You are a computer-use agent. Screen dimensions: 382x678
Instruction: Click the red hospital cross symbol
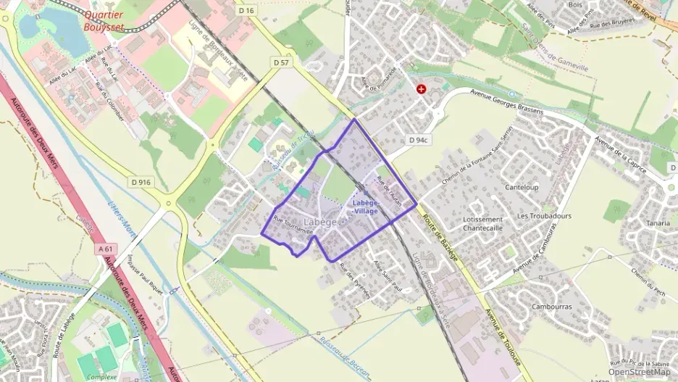(422, 88)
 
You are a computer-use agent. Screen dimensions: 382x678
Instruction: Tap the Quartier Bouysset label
(104, 20)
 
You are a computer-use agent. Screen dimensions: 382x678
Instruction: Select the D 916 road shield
(141, 182)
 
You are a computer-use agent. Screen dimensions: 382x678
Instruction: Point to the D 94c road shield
(419, 140)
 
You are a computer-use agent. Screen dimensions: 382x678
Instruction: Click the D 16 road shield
(246, 12)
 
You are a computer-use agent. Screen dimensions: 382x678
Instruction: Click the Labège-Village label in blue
(366, 207)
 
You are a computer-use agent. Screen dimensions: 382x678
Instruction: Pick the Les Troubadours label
(544, 216)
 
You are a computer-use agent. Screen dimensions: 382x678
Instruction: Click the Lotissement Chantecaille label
(482, 223)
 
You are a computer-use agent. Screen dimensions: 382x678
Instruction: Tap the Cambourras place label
(551, 307)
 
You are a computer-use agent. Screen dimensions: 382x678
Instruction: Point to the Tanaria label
(658, 223)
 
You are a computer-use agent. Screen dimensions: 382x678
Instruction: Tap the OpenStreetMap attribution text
(639, 372)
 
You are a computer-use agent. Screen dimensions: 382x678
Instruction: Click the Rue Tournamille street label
(293, 225)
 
